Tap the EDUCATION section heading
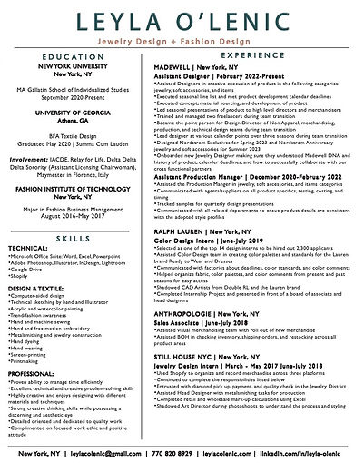tap(72, 80)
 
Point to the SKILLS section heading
tap(72, 233)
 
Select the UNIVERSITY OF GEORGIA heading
tap(72, 133)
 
